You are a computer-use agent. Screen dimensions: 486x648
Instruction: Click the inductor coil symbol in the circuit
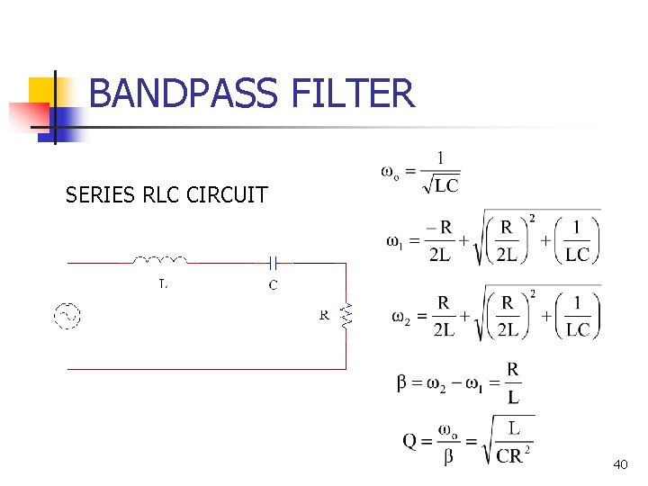[x=160, y=261]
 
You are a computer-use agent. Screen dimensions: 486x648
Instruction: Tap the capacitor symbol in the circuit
[x=274, y=262]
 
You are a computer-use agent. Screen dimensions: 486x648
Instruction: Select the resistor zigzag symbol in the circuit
[x=346, y=314]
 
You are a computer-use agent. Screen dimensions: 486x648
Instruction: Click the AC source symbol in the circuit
[x=67, y=316]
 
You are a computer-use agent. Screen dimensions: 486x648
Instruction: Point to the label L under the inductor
[x=162, y=284]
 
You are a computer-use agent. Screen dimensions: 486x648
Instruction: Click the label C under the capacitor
[x=273, y=285]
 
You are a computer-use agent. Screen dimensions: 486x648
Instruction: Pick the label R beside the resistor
[x=324, y=316]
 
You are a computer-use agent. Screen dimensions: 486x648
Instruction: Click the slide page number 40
[x=619, y=464]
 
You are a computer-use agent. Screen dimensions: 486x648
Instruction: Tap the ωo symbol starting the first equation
[x=391, y=171]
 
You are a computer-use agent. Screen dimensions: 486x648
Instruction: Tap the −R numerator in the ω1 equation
[x=439, y=227]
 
